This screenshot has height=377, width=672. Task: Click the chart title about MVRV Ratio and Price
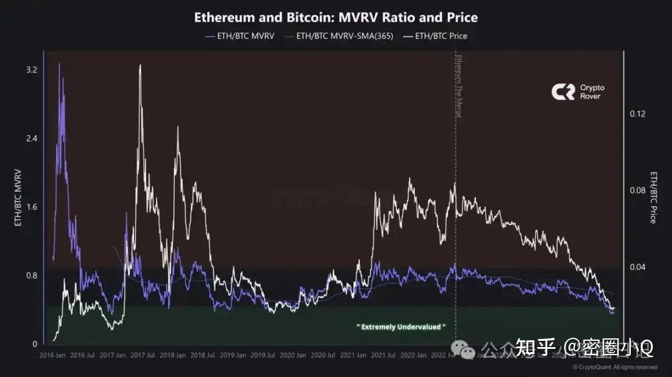336,17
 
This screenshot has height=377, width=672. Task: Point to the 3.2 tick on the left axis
31,70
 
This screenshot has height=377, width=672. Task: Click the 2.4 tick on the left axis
31,138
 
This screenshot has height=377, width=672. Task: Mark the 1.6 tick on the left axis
31,207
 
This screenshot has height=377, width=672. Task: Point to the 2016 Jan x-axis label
52,355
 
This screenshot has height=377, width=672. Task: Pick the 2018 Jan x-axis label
172,355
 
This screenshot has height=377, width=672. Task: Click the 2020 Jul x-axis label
322,355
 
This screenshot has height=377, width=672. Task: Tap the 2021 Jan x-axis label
353,355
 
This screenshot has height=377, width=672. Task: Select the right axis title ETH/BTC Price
653,197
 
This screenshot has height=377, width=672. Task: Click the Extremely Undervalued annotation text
401,327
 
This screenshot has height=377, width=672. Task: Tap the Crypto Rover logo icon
562,92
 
